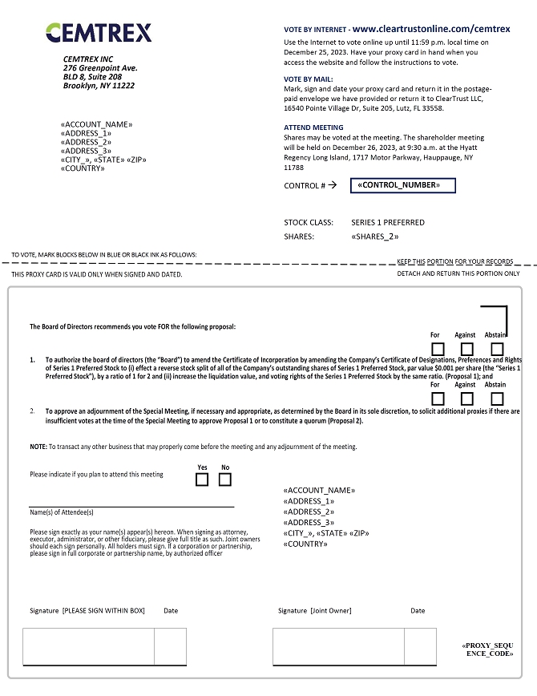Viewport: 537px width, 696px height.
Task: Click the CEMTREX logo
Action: tap(98, 33)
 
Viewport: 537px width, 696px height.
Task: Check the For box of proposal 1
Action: tap(438, 349)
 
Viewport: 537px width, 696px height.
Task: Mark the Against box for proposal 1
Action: tap(467, 349)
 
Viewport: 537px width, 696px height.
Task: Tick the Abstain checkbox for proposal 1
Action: tap(497, 349)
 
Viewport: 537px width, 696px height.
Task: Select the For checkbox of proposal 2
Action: tap(438, 399)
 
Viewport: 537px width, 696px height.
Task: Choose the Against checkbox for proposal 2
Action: tap(467, 399)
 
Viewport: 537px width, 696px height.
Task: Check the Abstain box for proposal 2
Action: tap(497, 399)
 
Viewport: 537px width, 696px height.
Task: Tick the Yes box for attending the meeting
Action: tap(202, 480)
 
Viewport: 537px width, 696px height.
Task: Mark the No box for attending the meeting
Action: tap(225, 480)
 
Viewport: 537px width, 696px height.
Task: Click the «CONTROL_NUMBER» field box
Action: tap(402, 185)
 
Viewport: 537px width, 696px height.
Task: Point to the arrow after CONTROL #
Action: tap(333, 185)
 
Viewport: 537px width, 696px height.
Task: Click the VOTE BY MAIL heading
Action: tap(308, 79)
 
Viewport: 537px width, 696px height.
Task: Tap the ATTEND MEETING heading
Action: tap(313, 127)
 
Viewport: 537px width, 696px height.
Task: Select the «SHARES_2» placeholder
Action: tap(375, 237)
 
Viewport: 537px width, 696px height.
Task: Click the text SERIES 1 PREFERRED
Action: tap(388, 222)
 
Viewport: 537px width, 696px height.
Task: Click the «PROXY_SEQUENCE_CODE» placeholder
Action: tap(487, 649)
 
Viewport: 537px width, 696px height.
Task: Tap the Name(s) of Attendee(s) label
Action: tap(62, 512)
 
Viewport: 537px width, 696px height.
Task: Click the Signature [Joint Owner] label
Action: tap(315, 611)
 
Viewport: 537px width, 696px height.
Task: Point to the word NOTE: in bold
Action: tap(38, 447)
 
